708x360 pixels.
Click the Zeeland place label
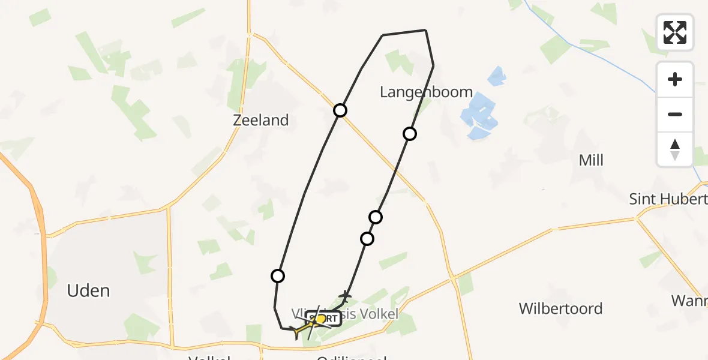(x=261, y=120)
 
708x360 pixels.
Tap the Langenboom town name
(x=427, y=92)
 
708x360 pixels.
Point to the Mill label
(x=591, y=160)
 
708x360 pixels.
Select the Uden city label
(x=88, y=291)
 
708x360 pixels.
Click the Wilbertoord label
(x=560, y=308)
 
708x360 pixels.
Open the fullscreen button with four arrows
(x=675, y=32)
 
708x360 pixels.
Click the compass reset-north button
(x=675, y=149)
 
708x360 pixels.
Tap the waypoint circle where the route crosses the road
(x=340, y=110)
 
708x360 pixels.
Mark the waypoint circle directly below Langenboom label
(x=410, y=134)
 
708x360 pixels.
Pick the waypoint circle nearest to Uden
(x=278, y=276)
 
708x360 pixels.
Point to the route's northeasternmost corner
(x=425, y=30)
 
